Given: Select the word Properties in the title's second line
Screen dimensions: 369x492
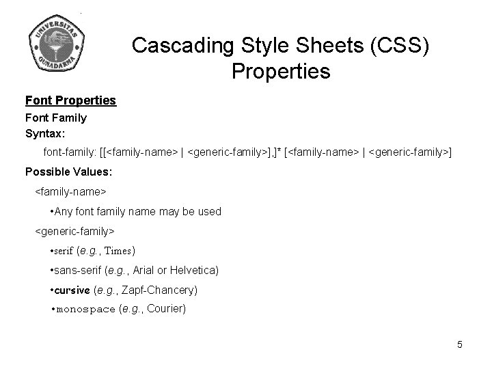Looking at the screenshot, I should [281, 70].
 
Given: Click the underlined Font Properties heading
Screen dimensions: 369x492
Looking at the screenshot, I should [70, 101].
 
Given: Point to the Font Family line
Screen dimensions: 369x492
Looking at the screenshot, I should [56, 118].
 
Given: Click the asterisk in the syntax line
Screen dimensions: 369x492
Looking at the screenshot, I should [280, 149].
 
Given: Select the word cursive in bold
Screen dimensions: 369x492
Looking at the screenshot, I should [72, 290].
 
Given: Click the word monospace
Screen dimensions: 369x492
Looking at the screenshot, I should [85, 309].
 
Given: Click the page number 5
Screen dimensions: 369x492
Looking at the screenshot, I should [460, 344].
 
